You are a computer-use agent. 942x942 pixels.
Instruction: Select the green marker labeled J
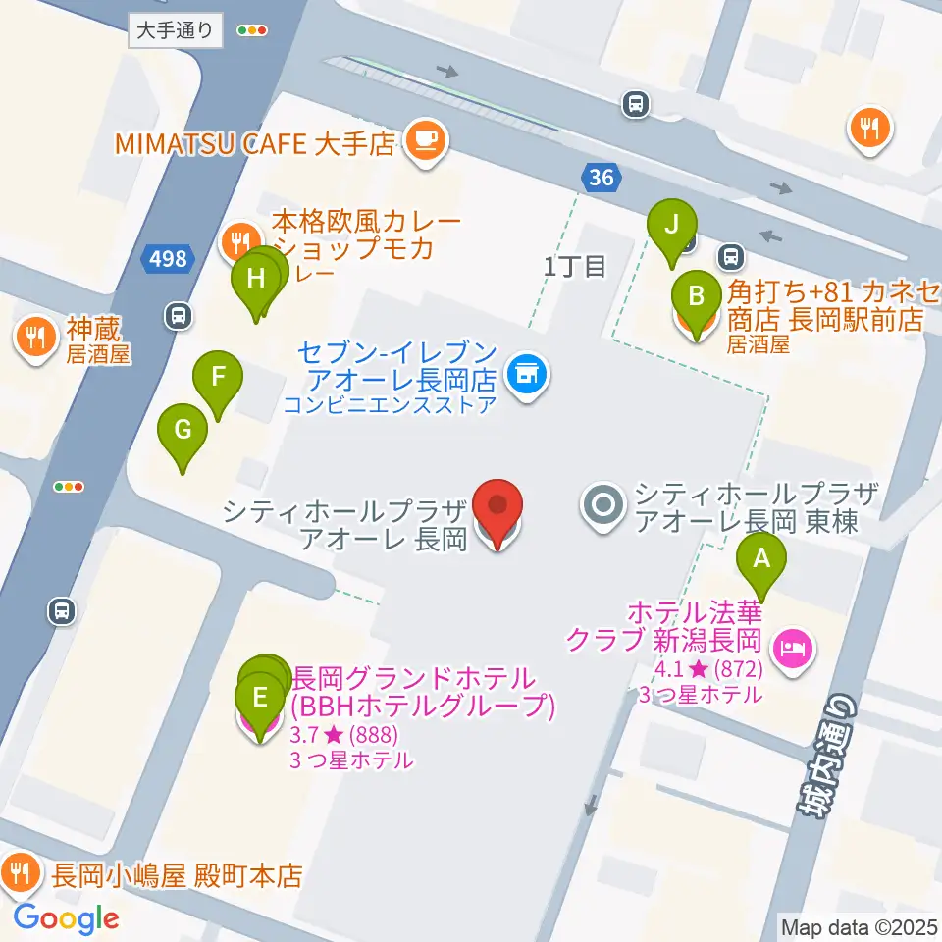tap(671, 225)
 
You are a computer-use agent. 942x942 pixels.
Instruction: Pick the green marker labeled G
tap(183, 430)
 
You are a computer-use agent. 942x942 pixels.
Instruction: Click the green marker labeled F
tap(218, 376)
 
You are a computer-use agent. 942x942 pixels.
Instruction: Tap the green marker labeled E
tap(260, 700)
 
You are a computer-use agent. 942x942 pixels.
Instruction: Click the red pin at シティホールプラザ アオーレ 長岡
tap(497, 507)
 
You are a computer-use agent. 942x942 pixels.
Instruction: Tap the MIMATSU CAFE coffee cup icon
tap(424, 141)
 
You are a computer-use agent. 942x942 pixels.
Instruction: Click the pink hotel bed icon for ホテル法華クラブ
tap(791, 647)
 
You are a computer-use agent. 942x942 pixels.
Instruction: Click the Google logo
tap(66, 918)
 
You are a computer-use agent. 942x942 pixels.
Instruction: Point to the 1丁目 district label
tap(575, 266)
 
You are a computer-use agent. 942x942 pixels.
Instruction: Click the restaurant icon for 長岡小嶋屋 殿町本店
tap(21, 870)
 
